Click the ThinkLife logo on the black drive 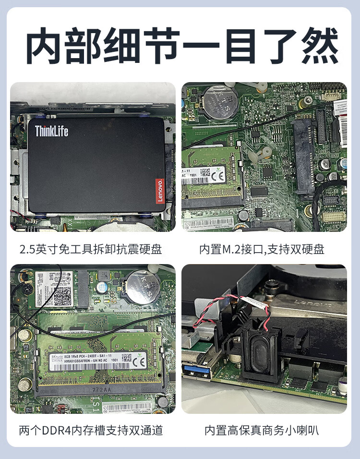(x=51, y=131)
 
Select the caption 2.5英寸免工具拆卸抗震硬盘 (x=91, y=249)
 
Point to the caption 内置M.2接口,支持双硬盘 (x=262, y=249)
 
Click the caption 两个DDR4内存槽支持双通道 (x=91, y=430)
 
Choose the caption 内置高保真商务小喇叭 (x=262, y=430)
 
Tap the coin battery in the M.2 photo (x=220, y=102)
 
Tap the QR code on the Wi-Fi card (x=61, y=296)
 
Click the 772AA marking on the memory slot (x=102, y=392)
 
